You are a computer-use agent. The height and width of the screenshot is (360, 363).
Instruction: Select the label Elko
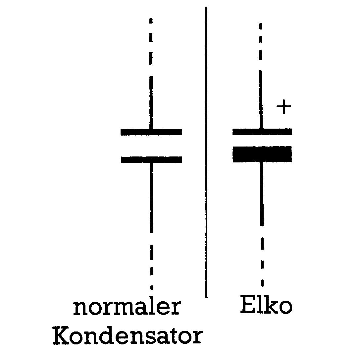coord(266,306)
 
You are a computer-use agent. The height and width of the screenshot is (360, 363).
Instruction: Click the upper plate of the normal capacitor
coord(151,132)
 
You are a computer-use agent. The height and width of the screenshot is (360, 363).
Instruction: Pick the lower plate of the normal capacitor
coord(151,159)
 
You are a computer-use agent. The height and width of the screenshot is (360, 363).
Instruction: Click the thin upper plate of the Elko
coord(262,132)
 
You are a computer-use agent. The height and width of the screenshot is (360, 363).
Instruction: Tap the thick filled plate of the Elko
coord(262,154)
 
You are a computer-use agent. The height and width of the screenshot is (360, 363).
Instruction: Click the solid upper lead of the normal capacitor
coord(151,103)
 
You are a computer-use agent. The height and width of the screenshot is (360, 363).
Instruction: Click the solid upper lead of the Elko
coord(261,99)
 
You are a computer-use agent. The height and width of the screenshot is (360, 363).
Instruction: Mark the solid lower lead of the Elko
coord(262,194)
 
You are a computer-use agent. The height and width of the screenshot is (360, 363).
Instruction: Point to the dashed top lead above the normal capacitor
coord(151,41)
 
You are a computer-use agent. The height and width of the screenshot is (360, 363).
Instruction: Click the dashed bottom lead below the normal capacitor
coord(151,262)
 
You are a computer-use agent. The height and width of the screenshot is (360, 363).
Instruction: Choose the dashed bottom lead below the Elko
coord(262,262)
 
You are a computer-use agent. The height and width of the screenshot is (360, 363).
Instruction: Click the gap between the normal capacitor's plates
coord(151,146)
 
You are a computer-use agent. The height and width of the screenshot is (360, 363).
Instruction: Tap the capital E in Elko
coord(247,305)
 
